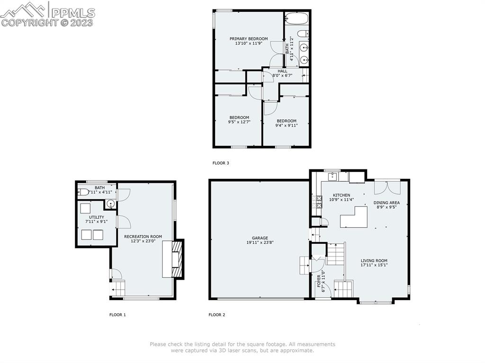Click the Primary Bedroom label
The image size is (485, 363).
[248, 39]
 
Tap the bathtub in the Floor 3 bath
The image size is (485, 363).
[296, 18]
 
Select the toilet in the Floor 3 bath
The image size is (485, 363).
[303, 34]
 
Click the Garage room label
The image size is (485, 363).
[260, 238]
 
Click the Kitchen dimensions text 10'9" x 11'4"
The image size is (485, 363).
[341, 200]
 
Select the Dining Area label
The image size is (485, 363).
[386, 203]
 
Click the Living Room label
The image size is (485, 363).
[374, 261]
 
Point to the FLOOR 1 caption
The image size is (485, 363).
[117, 315]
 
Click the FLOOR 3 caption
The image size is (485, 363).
[221, 163]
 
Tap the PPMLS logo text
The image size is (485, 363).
[73, 13]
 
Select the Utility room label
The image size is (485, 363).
[97, 217]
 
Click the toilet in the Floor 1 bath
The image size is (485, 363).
[83, 192]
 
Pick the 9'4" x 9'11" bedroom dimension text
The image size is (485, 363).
[287, 125]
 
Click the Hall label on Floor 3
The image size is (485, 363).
[282, 71]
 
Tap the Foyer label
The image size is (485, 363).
[319, 281]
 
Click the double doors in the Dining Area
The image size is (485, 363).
[387, 187]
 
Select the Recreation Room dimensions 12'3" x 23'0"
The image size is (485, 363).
[143, 241]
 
